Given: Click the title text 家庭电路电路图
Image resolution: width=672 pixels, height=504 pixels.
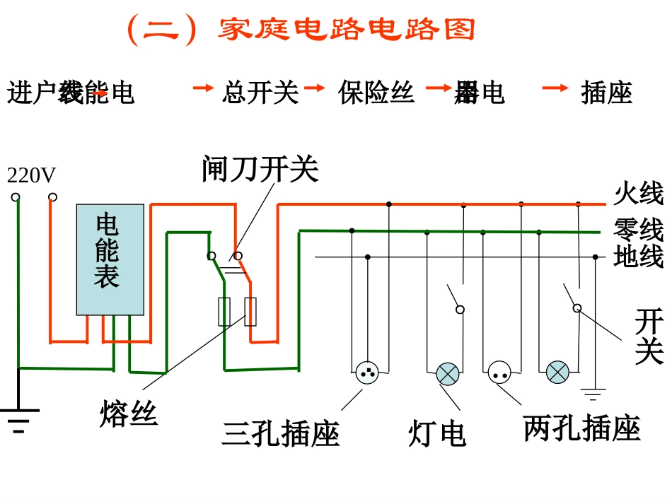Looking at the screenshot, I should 347,30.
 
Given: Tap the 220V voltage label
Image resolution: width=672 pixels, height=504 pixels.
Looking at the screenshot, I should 31,175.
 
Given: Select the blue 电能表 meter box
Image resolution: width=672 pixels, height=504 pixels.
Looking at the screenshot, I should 110,259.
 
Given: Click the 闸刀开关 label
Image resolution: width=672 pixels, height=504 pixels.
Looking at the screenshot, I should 260,169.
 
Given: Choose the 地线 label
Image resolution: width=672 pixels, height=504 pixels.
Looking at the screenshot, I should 639,256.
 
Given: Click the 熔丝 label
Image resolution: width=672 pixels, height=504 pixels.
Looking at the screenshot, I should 129,414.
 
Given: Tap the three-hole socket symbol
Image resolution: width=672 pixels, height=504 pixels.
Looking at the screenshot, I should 366,372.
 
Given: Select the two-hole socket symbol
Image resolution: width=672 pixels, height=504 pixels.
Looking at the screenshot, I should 499,372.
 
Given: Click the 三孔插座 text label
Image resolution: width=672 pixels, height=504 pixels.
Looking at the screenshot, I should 281,433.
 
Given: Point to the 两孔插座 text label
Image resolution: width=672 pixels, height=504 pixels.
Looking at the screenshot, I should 581,428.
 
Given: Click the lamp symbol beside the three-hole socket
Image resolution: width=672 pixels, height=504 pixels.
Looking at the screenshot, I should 448,373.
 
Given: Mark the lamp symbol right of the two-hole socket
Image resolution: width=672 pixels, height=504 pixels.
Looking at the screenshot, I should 557,372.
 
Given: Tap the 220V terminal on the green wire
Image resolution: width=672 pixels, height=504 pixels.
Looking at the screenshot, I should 16,197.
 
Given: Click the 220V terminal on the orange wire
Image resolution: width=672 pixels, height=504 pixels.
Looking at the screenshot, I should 52,197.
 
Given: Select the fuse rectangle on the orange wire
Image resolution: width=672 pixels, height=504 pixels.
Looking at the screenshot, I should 250,312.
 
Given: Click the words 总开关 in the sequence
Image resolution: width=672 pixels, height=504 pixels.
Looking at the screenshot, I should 260,93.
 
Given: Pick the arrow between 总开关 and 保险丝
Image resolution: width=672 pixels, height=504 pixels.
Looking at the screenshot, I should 314,88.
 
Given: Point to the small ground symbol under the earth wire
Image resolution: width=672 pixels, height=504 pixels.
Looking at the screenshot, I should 593,394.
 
